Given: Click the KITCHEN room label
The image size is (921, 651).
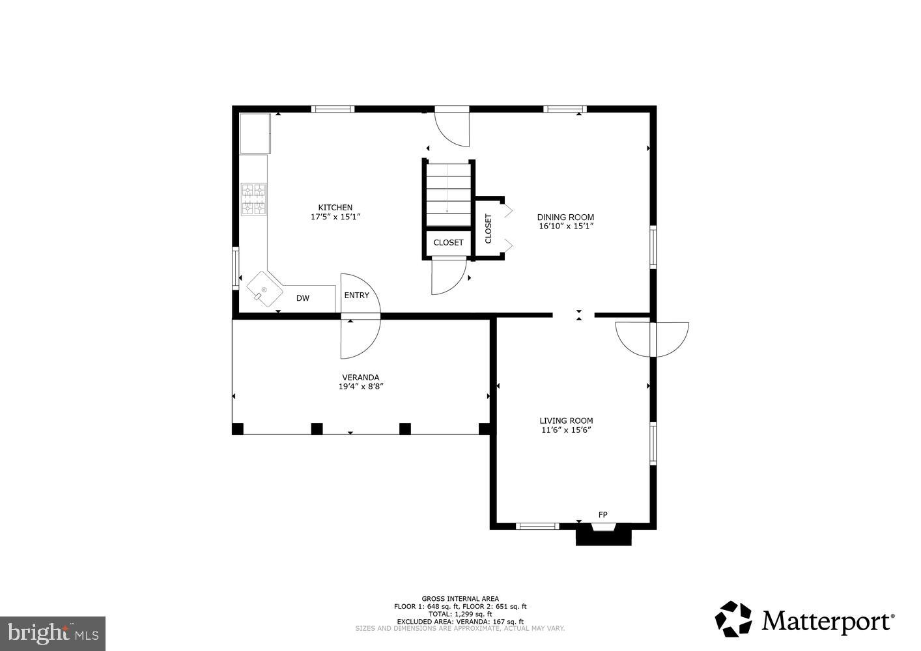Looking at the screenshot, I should tap(335, 208).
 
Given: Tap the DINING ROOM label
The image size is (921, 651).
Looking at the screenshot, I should tap(565, 217).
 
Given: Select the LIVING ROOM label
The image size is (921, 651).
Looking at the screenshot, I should tap(565, 421).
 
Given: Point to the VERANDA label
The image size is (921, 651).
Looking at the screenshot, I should tap(360, 377).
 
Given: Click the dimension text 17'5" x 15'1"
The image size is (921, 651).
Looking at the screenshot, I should tap(335, 217).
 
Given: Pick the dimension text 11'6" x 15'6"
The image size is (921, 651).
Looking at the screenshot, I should tap(565, 430).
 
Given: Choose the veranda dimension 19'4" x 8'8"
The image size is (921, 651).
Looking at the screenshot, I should tap(360, 386).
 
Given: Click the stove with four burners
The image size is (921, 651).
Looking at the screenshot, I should tap(254, 199).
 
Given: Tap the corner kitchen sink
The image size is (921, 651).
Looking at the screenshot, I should tap(264, 290).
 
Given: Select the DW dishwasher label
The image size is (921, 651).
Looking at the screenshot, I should tap(303, 298).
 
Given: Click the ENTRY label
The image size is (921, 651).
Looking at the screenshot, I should tap(356, 295).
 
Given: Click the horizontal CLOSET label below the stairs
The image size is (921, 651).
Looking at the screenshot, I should tap(448, 242).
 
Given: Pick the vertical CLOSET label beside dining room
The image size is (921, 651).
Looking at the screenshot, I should tap(489, 229).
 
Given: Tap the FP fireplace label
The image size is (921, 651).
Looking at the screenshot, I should tap(602, 515).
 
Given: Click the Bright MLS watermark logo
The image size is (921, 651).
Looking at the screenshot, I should tap(52, 632).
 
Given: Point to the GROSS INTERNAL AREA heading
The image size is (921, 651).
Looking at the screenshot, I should tap(460, 598).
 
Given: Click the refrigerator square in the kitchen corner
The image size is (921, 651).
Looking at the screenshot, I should tap(255, 133).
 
